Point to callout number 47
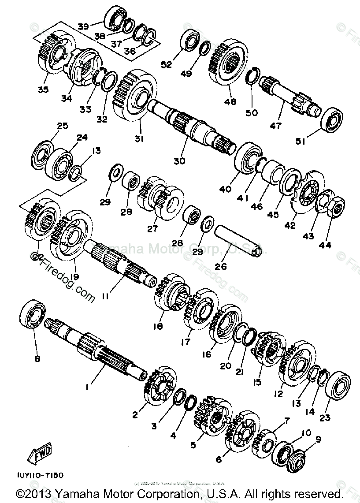click(x=275, y=126)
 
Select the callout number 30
click(x=179, y=161)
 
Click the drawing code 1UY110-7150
click(x=41, y=476)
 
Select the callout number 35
click(x=43, y=90)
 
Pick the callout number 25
click(x=63, y=126)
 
